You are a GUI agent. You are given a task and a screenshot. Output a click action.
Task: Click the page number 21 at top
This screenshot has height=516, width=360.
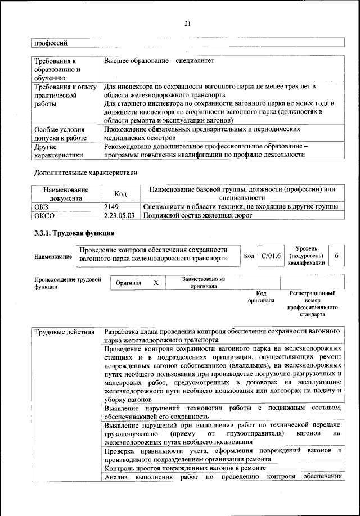tap(188, 22)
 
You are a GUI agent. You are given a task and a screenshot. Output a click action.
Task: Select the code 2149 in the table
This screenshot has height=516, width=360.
tap(111, 207)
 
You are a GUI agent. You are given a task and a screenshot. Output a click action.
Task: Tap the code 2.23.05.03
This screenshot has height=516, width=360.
tap(119, 215)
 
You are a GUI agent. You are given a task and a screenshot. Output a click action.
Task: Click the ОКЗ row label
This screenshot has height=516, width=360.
tap(43, 207)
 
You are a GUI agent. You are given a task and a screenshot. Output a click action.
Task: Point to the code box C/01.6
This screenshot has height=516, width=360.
tap(271, 256)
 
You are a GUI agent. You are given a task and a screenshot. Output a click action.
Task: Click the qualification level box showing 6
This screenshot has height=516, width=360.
tap(336, 256)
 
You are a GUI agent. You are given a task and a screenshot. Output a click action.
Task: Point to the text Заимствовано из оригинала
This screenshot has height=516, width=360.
tap(204, 282)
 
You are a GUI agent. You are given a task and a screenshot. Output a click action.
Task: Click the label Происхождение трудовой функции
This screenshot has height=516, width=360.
tap(67, 282)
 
